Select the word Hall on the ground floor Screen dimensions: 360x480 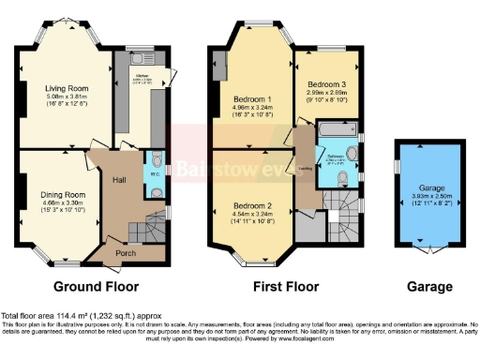click(x=119, y=180)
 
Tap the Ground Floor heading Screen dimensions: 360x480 click(x=96, y=287)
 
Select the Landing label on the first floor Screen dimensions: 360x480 click(x=305, y=169)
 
